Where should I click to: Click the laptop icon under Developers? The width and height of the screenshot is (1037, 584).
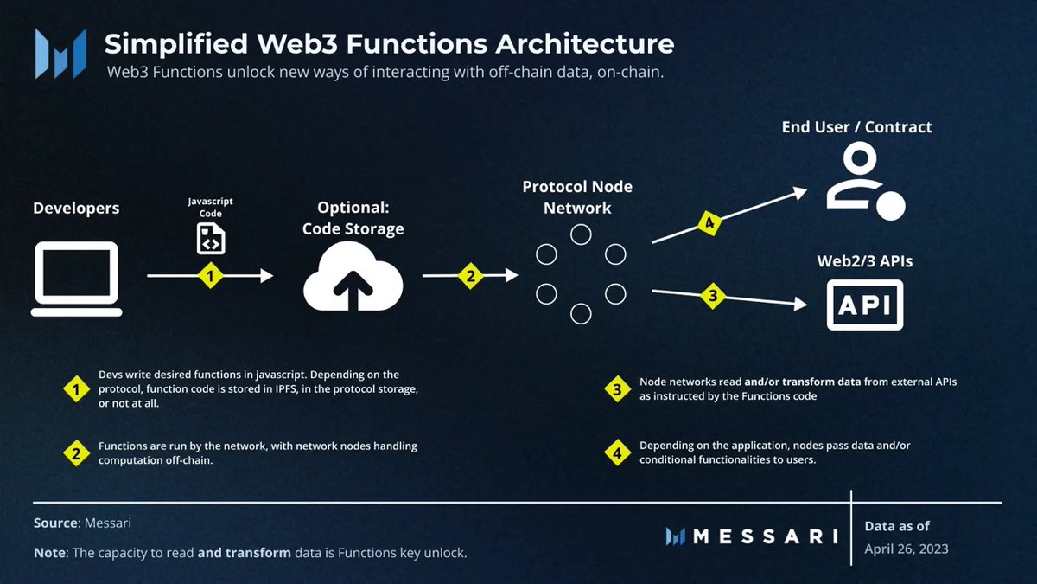75,279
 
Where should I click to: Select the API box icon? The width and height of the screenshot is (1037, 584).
865,305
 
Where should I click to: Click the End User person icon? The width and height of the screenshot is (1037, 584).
864,181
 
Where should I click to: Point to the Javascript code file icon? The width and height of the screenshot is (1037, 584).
211,238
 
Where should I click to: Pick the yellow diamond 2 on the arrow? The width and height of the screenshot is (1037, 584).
471,276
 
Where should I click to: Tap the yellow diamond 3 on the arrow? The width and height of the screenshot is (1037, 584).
712,296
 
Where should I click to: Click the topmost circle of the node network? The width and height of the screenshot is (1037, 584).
581,234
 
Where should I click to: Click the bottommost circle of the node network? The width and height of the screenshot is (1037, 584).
581,313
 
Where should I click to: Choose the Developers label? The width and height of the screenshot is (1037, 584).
76,209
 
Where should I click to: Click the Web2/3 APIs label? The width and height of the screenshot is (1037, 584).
864,260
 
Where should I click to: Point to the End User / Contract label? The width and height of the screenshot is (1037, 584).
856,127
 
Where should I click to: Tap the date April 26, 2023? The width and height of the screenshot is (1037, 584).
906,549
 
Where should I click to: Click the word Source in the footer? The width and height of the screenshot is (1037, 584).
54,523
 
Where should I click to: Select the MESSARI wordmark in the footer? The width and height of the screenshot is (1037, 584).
752,536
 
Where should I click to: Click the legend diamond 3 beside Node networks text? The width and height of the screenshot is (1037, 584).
617,390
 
